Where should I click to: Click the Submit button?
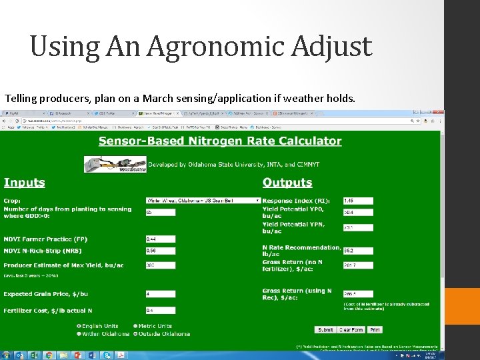pyautogui.click(x=325, y=330)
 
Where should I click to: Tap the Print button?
pyautogui.click(x=375, y=330)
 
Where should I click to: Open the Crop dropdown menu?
pyautogui.click(x=203, y=200)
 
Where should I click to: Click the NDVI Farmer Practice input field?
pyautogui.click(x=161, y=239)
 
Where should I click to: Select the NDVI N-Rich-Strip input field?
pyautogui.click(x=161, y=251)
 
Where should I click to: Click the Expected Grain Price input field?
pyautogui.click(x=161, y=293)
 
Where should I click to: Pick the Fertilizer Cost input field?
pyautogui.click(x=161, y=310)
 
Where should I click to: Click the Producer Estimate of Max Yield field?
pyautogui.click(x=161, y=265)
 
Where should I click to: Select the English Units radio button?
pyautogui.click(x=79, y=326)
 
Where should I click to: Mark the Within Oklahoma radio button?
pyautogui.click(x=79, y=333)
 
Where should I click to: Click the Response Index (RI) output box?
pyautogui.click(x=358, y=200)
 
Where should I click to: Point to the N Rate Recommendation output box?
pyautogui.click(x=358, y=251)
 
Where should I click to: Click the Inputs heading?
pyautogui.click(x=25, y=182)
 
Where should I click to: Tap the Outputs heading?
pyautogui.click(x=287, y=182)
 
